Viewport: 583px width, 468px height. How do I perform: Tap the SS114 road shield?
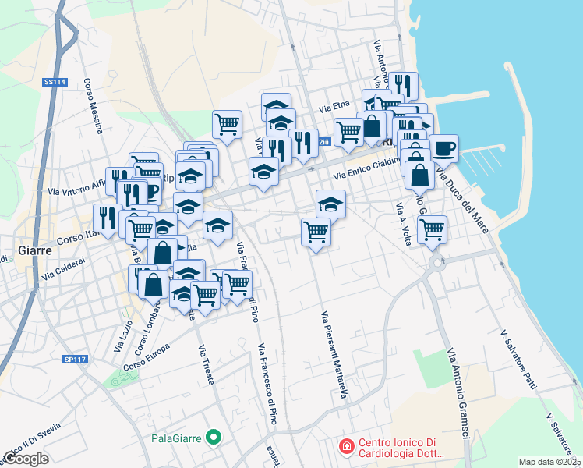pyautogui.click(x=53, y=81)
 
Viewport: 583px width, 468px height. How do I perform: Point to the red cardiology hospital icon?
pyautogui.click(x=344, y=446)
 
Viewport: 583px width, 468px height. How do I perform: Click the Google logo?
pyautogui.click(x=26, y=459)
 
